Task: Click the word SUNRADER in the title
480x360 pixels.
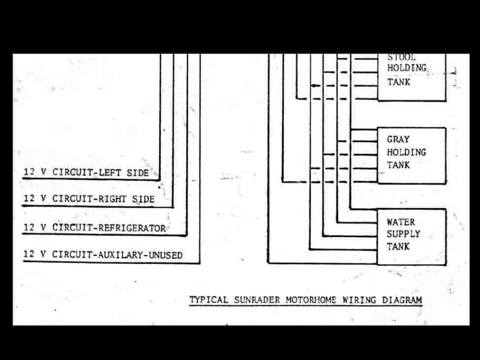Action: pyautogui.click(x=257, y=299)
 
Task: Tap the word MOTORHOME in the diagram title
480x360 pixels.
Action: pyautogui.click(x=311, y=299)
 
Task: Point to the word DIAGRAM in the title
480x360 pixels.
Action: pyautogui.click(x=402, y=300)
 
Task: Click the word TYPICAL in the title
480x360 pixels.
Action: pyautogui.click(x=209, y=299)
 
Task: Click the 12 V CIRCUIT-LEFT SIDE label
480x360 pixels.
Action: pyautogui.click(x=86, y=172)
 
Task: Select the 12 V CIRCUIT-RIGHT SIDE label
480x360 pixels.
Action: pyautogui.click(x=89, y=199)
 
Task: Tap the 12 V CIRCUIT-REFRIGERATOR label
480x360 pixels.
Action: pyautogui.click(x=94, y=228)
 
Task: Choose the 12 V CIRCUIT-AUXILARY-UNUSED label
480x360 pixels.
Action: pyautogui.click(x=103, y=254)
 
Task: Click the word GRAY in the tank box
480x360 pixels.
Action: pyautogui.click(x=398, y=139)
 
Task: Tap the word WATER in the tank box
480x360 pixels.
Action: pyautogui.click(x=400, y=222)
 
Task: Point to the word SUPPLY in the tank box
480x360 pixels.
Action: pyautogui.click(x=403, y=234)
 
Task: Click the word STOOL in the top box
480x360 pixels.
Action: pyautogui.click(x=401, y=57)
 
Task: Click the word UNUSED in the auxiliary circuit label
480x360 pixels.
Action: pyautogui.click(x=165, y=255)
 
